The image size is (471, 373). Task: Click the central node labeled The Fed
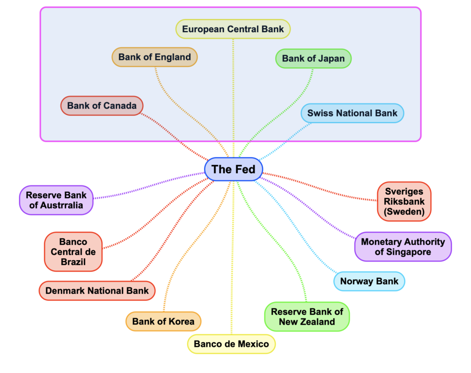tap(233, 169)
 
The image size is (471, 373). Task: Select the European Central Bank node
tap(233, 29)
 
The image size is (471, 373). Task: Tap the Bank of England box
tap(154, 57)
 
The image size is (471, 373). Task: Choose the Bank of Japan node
tap(313, 59)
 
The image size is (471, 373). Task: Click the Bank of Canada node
tap(102, 105)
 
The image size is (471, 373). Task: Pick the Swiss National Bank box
tap(352, 113)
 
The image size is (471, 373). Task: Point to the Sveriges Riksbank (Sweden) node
tap(404, 201)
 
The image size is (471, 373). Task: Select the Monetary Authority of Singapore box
tap(402, 247)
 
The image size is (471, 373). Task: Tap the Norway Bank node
tap(369, 281)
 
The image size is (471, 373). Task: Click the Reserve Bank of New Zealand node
tap(307, 317)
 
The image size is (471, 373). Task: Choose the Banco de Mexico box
tap(231, 344)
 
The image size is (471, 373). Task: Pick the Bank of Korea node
tap(163, 321)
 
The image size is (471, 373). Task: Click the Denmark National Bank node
tap(97, 290)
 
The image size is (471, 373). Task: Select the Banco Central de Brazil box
tap(73, 252)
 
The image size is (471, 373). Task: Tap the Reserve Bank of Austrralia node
tap(56, 200)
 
